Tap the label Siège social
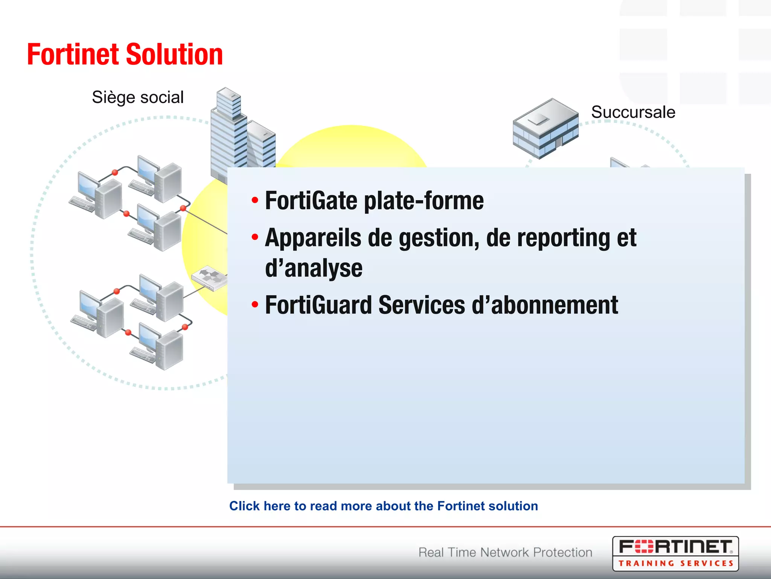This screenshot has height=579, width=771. point(138,97)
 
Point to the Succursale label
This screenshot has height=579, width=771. point(633,112)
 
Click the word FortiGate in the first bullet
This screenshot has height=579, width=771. point(311,201)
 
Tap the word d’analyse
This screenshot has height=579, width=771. point(314,268)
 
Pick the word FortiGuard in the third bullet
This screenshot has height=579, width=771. point(318,305)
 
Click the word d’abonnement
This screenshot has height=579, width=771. point(544,305)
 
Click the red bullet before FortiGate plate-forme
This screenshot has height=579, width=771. point(255,200)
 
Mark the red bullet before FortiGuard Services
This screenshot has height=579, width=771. point(255,304)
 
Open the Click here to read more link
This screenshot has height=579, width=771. point(383,506)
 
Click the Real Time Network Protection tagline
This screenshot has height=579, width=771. point(505,552)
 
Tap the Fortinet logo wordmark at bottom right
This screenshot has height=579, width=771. point(675,547)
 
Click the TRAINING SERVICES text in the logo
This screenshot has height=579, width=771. point(675,564)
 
